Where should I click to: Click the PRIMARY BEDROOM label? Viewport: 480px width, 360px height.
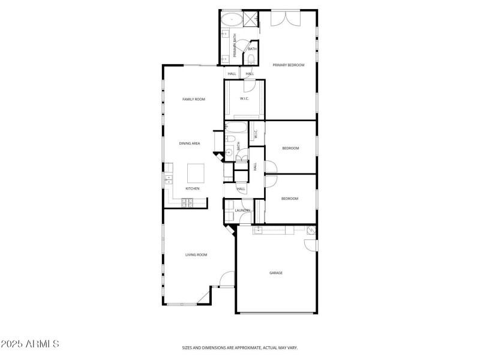(289, 65)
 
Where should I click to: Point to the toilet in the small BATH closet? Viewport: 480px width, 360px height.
(250, 58)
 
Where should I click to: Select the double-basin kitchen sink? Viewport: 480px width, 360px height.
(168, 178)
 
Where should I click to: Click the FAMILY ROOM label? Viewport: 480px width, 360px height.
(194, 99)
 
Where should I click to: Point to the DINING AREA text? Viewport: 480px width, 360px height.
(190, 143)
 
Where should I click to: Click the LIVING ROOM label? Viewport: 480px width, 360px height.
(196, 255)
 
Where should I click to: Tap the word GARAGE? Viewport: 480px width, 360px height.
(275, 273)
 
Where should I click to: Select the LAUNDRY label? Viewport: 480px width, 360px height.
(242, 211)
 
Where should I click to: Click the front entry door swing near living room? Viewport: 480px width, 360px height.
(226, 279)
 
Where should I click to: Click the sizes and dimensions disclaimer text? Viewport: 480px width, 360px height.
(240, 347)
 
